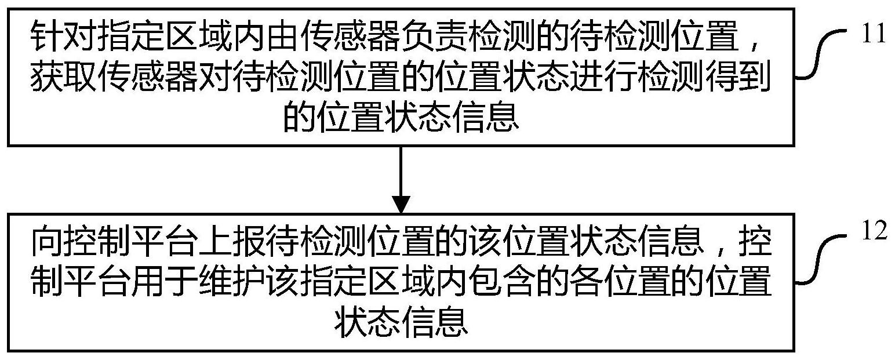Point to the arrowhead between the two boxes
click(x=401, y=203)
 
